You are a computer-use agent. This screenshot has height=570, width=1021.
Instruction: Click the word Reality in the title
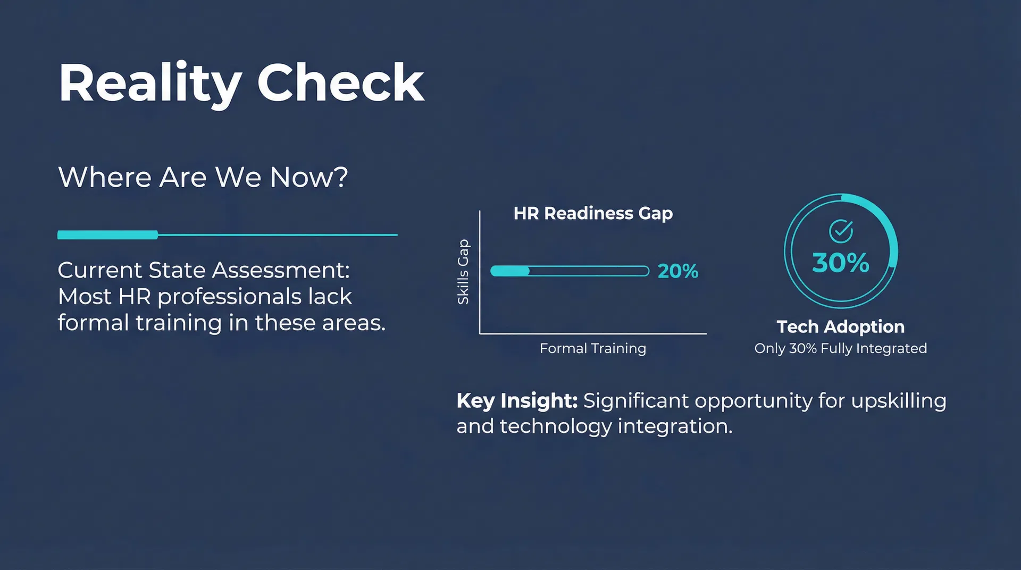[x=150, y=84]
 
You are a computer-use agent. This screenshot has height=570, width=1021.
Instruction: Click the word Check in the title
[x=341, y=82]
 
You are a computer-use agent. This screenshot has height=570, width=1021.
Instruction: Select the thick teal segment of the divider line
[x=107, y=234]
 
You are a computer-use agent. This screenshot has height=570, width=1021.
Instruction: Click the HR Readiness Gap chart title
[x=593, y=213]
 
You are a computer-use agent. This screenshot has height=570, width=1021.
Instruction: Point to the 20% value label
[x=678, y=271]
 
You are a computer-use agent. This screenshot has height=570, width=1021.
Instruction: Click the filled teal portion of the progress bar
[x=510, y=271]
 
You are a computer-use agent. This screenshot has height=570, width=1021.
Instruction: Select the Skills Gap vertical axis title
[x=463, y=272]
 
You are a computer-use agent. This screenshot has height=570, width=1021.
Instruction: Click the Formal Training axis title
[x=593, y=348]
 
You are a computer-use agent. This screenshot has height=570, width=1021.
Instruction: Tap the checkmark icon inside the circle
[x=841, y=231]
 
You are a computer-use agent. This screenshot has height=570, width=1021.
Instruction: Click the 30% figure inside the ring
[x=841, y=263]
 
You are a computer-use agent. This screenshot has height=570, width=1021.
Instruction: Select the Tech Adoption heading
[x=841, y=326]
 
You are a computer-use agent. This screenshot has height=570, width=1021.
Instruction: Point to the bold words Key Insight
[x=517, y=401]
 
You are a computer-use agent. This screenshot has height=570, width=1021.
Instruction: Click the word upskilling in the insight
[x=899, y=401]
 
